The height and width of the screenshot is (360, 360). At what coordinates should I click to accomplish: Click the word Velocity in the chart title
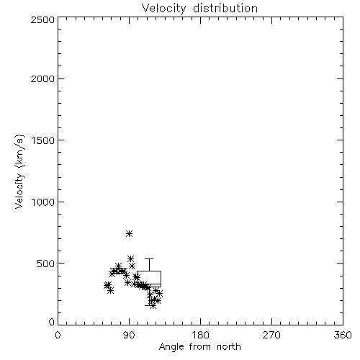tap(164, 9)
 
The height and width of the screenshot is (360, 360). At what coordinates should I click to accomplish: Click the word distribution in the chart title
tap(225, 9)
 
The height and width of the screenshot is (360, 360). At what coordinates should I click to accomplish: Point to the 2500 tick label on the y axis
tap(42, 19)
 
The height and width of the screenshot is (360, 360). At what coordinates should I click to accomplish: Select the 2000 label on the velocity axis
tap(42, 78)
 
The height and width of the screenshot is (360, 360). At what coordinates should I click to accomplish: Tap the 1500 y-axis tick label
tap(43, 140)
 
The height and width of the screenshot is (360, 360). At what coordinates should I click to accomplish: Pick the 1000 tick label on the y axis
tap(43, 202)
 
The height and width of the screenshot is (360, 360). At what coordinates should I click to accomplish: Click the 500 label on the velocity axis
tap(46, 264)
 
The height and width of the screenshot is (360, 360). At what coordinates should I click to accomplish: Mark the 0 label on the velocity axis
tap(52, 322)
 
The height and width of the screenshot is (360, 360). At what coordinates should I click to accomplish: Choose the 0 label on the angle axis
tap(58, 335)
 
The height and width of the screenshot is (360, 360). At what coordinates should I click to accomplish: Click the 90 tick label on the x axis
tap(129, 335)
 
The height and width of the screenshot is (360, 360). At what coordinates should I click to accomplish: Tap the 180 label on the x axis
tap(200, 335)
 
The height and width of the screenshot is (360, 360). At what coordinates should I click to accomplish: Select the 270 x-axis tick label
tap(271, 335)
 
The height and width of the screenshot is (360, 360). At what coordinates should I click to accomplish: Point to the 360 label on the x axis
tap(343, 335)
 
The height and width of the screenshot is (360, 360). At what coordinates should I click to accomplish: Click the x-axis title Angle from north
tap(200, 347)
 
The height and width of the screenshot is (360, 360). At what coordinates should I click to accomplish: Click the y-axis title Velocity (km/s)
tap(19, 171)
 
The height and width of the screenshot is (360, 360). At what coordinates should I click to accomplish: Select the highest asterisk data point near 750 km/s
tap(130, 233)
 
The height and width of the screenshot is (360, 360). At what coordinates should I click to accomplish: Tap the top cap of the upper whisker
tap(149, 258)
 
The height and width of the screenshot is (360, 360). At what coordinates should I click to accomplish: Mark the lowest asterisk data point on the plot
tap(153, 306)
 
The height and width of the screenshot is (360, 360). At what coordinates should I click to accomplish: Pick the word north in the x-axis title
tap(229, 347)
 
